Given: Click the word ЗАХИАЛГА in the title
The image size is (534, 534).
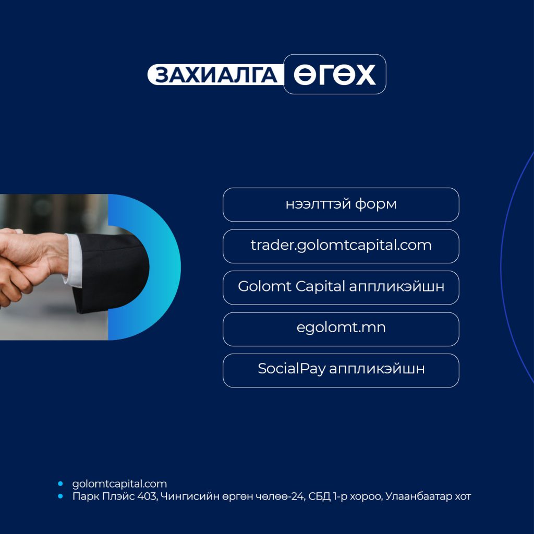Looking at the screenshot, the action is (216, 75).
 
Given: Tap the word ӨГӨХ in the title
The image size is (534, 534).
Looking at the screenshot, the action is (335, 75).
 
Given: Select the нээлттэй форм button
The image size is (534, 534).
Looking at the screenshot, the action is (341, 204).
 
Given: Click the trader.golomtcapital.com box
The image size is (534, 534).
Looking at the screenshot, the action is (341, 246).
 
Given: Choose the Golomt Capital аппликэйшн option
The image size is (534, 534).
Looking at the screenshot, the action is (341, 287).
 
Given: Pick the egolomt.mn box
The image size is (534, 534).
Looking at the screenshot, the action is (341, 329).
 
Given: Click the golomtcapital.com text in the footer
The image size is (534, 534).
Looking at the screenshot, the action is (119, 484).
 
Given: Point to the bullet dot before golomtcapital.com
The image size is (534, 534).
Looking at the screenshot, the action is (60, 483).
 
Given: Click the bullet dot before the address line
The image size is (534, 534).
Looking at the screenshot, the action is (60, 496).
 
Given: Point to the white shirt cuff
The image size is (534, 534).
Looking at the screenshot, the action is (73, 261).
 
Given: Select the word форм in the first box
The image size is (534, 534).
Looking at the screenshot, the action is (375, 204).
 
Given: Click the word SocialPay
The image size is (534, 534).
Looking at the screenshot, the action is (292, 369).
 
